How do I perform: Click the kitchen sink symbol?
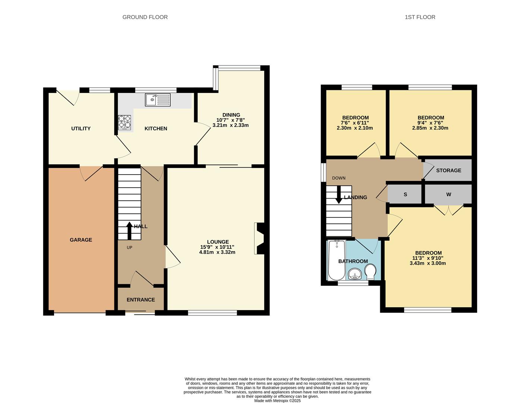tap(158, 100)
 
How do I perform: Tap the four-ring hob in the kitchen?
tap(125, 122)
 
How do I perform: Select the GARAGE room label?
tap(81, 240)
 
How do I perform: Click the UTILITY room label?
tap(81, 129)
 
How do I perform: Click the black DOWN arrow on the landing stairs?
tap(338, 194)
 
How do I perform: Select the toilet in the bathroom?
tap(370, 272)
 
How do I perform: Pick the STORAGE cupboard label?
tap(448, 171)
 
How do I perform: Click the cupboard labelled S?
tap(405, 194)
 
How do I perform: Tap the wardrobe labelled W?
tap(448, 194)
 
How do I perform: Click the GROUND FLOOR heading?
tap(145, 17)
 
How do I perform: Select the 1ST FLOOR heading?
tap(420, 17)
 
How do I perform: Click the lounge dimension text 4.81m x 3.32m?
tap(217, 252)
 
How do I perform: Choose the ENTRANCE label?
tap(141, 300)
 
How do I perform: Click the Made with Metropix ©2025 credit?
tap(277, 400)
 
